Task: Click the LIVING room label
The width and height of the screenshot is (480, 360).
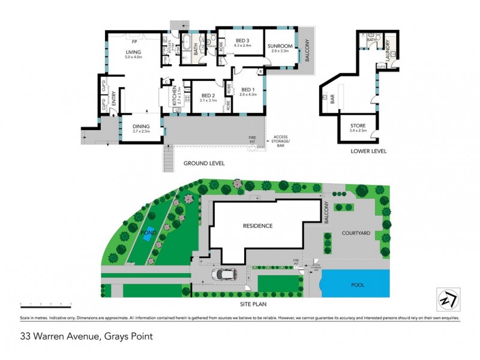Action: pos(133,52)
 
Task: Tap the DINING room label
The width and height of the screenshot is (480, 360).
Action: pos(140,126)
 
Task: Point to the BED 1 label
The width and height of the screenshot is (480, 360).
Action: pos(247,90)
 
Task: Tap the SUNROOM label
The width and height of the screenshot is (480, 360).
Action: pos(279,46)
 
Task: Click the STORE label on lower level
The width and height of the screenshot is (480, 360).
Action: pos(358,125)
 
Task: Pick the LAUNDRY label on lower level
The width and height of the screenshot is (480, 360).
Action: pos(387,47)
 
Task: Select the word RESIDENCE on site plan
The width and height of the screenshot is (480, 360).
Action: pos(258,226)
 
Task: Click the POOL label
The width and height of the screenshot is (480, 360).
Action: pos(358,285)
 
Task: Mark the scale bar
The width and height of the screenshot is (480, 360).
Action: pos(46,306)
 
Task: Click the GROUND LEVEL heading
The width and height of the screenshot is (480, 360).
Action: pos(205,163)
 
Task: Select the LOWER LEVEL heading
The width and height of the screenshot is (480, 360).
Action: pos(369,151)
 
